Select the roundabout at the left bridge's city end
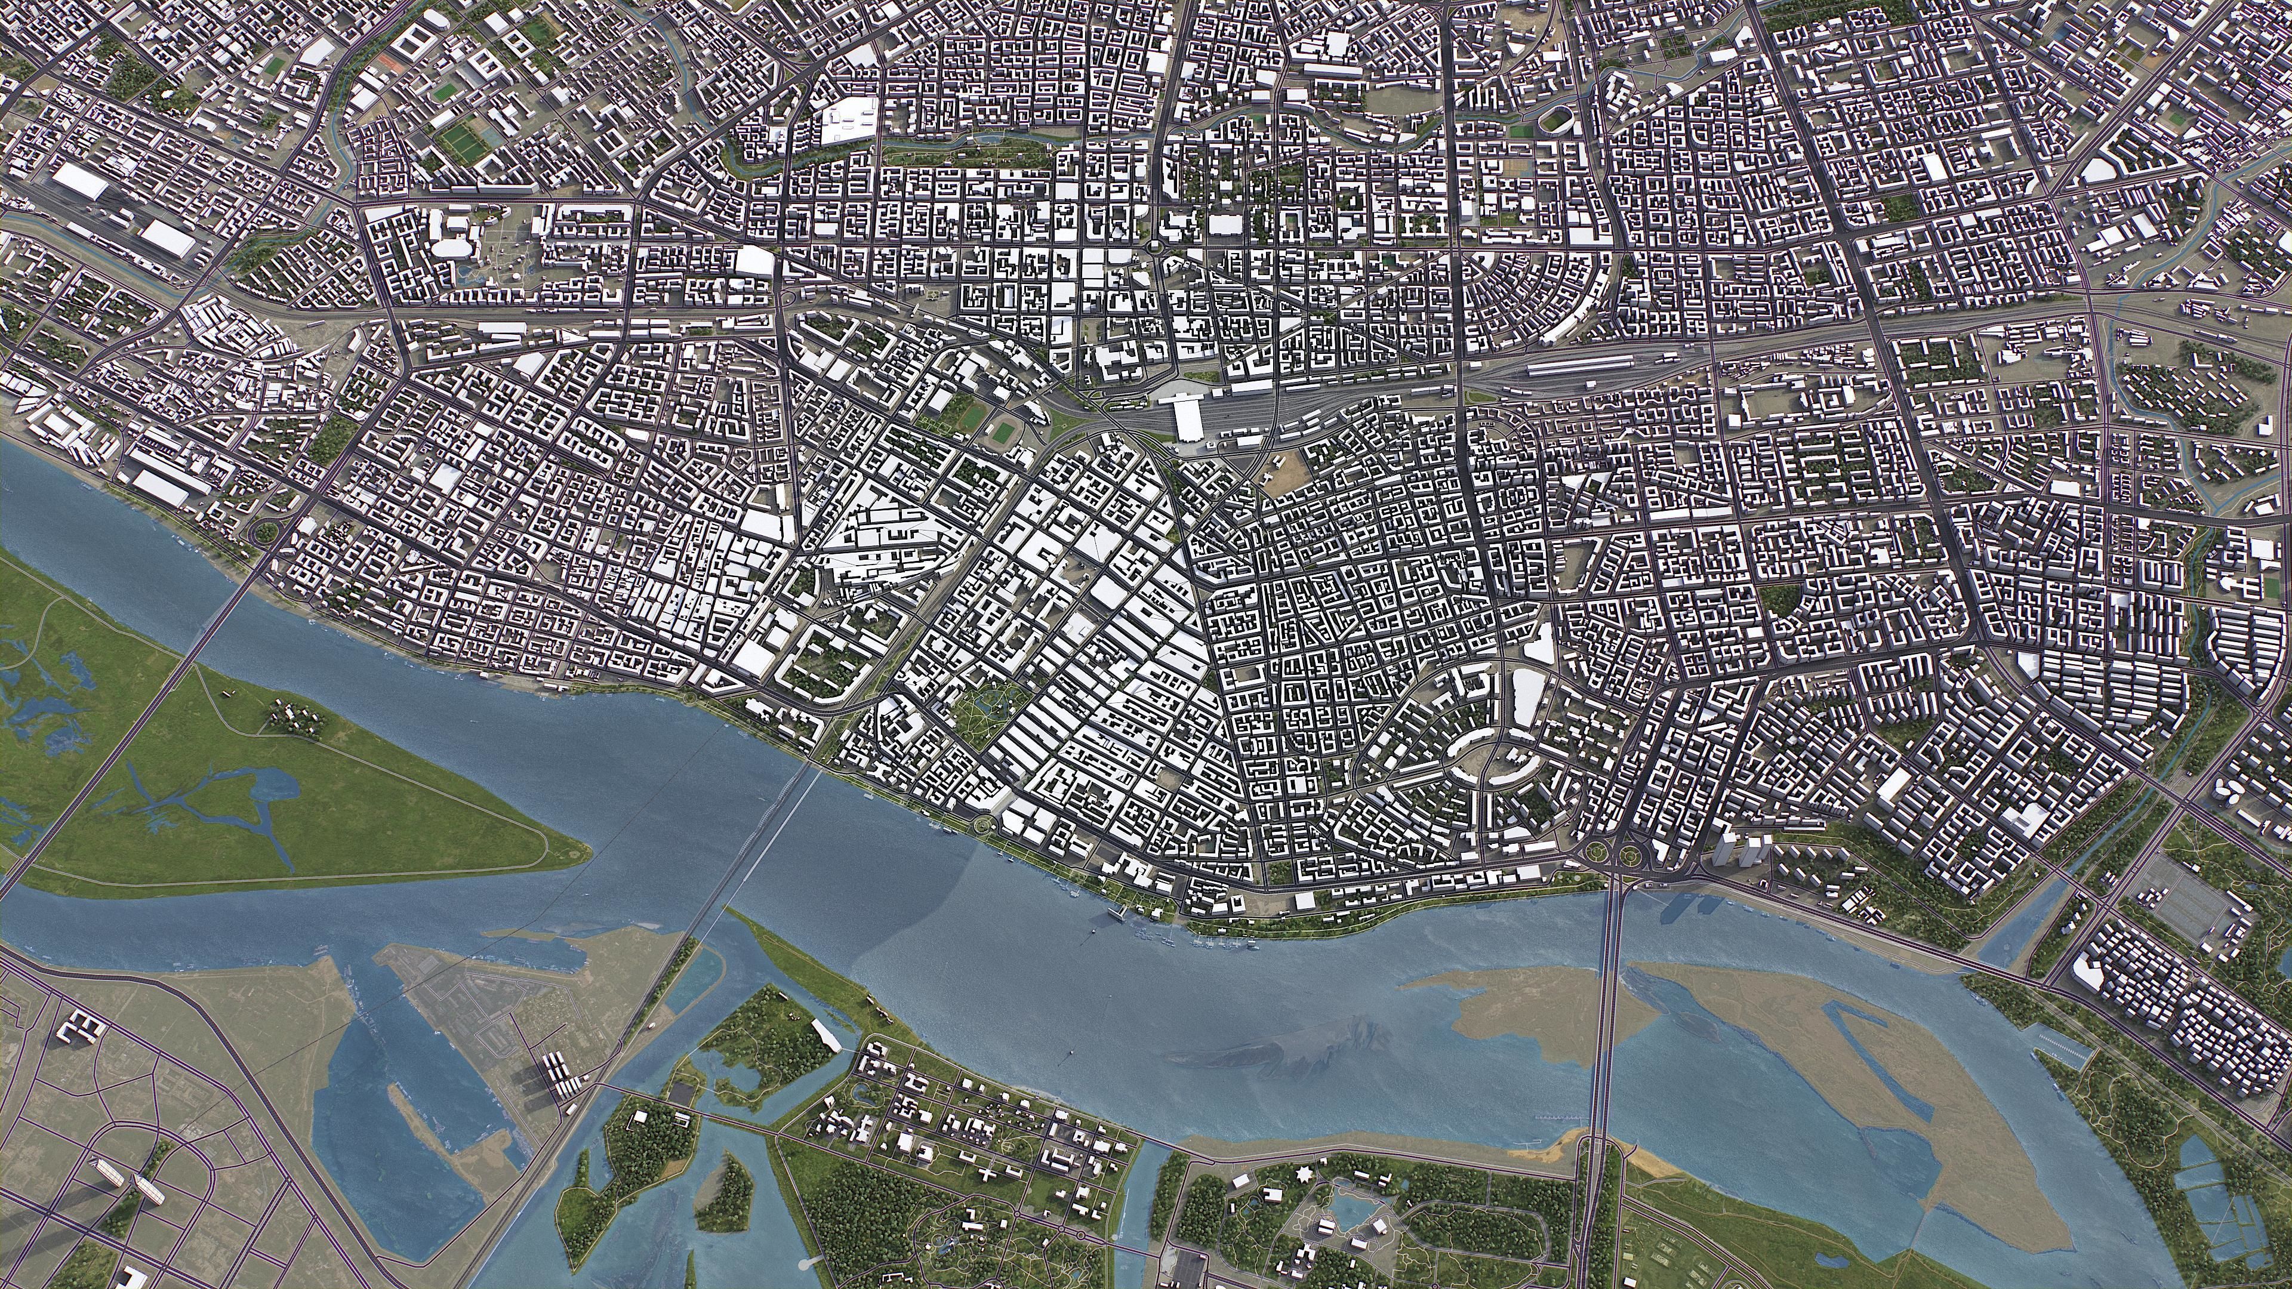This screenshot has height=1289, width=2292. (x=265, y=534)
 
